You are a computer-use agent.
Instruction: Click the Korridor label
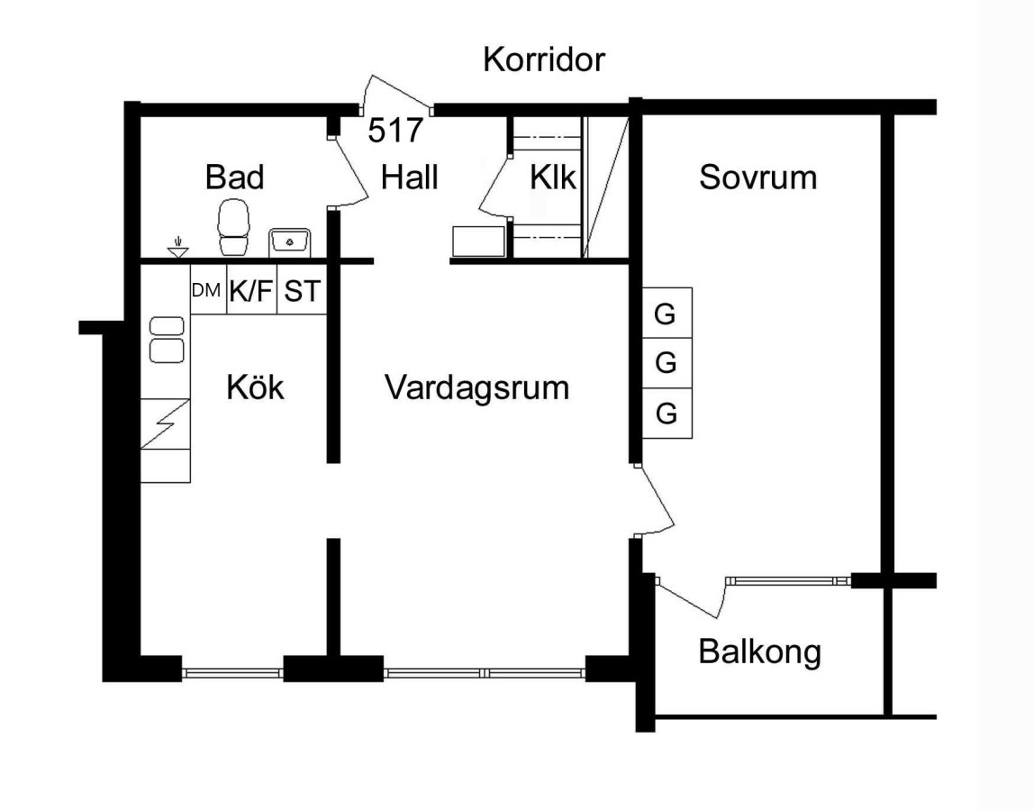[x=544, y=60]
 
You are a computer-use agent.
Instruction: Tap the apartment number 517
[x=395, y=131]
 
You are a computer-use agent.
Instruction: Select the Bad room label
[x=234, y=177]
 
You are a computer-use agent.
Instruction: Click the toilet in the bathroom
[x=233, y=227]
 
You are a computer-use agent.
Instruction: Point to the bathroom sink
[x=290, y=241]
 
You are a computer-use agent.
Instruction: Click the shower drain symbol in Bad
[x=178, y=246]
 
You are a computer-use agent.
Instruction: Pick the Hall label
[x=410, y=177]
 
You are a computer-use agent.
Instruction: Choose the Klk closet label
[x=552, y=177]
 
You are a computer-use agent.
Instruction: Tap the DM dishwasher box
[x=207, y=290]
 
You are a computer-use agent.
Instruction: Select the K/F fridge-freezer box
[x=250, y=290]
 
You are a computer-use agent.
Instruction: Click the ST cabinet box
[x=301, y=290]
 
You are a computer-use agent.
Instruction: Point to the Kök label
[x=255, y=387]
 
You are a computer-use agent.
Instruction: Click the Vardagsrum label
[x=477, y=387]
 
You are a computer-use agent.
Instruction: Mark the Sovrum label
[x=757, y=177]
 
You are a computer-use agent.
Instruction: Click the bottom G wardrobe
[x=666, y=414]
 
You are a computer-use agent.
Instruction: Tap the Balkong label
[x=759, y=651]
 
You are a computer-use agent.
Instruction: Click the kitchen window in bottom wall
[x=233, y=671]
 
